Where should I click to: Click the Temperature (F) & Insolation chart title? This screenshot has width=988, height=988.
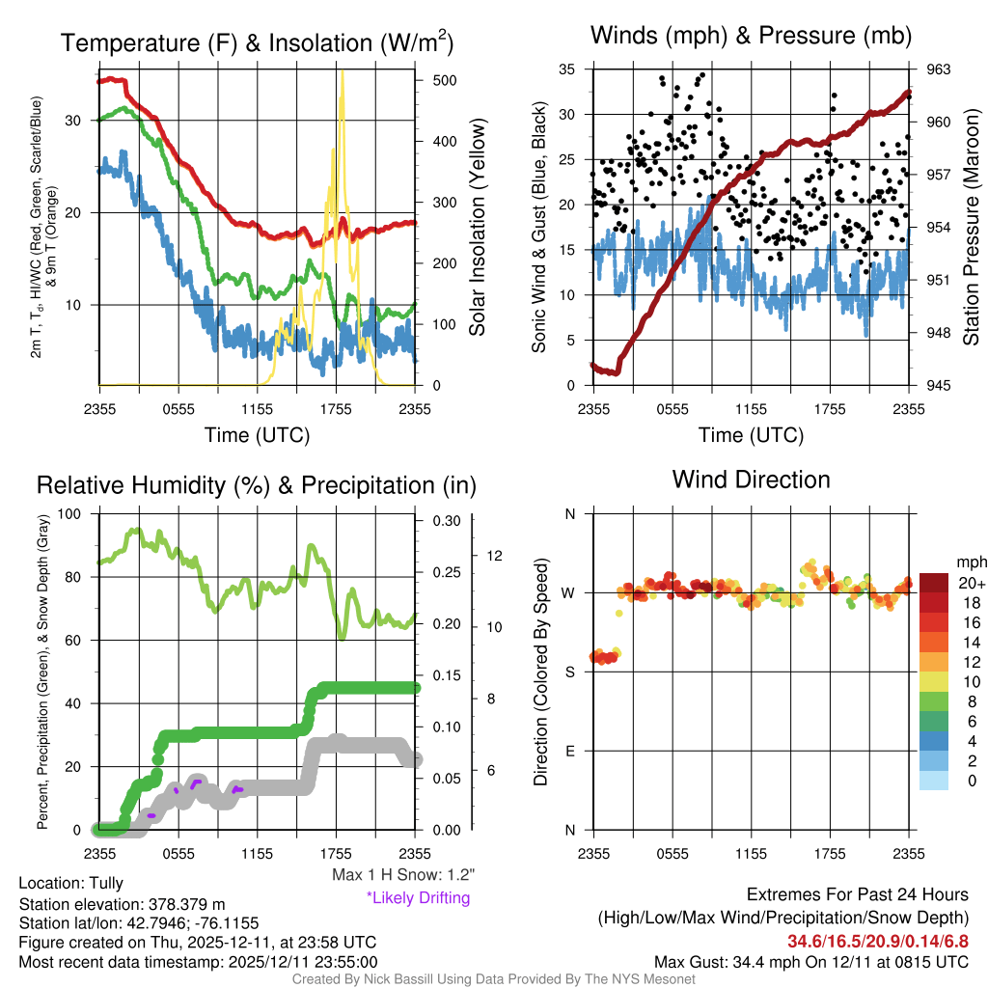pos(257,42)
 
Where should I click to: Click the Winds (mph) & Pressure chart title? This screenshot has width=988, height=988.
pos(752,36)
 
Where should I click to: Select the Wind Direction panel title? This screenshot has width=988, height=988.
pos(751,479)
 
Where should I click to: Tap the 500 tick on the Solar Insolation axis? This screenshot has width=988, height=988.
pos(444,80)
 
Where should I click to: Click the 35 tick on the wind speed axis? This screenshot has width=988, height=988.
pos(567,69)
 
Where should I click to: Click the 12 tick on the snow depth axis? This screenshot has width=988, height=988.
pos(496,556)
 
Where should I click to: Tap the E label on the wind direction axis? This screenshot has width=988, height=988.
pos(569,751)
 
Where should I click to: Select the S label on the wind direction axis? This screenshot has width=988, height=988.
pos(569,672)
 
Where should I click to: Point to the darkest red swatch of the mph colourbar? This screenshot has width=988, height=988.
pos(934,583)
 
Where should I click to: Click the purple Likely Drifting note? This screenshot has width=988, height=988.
pos(418,897)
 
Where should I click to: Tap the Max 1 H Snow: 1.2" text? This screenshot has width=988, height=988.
pos(403,875)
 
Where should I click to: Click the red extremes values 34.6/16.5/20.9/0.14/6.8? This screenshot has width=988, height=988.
pos(878,941)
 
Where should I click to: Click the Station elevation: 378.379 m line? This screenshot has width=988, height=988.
pos(122,904)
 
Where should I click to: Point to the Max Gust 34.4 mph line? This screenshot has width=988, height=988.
pos(810,962)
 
